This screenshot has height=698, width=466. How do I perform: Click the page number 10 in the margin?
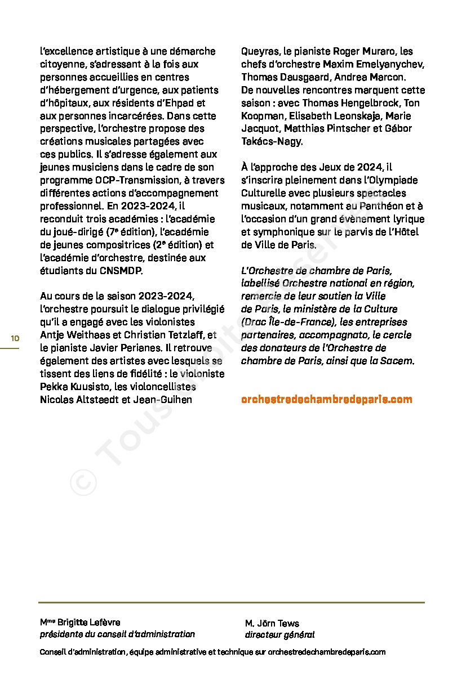coord(15,338)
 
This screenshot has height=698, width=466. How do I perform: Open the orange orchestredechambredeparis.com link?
coord(326,399)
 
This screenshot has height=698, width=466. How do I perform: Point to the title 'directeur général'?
coord(279,635)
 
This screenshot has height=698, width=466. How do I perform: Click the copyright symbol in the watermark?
coord(83,482)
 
